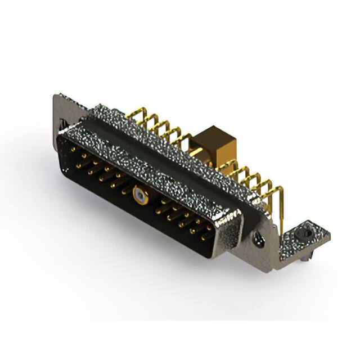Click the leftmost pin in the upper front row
click(74, 149)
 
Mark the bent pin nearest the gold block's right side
click(231, 166)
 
